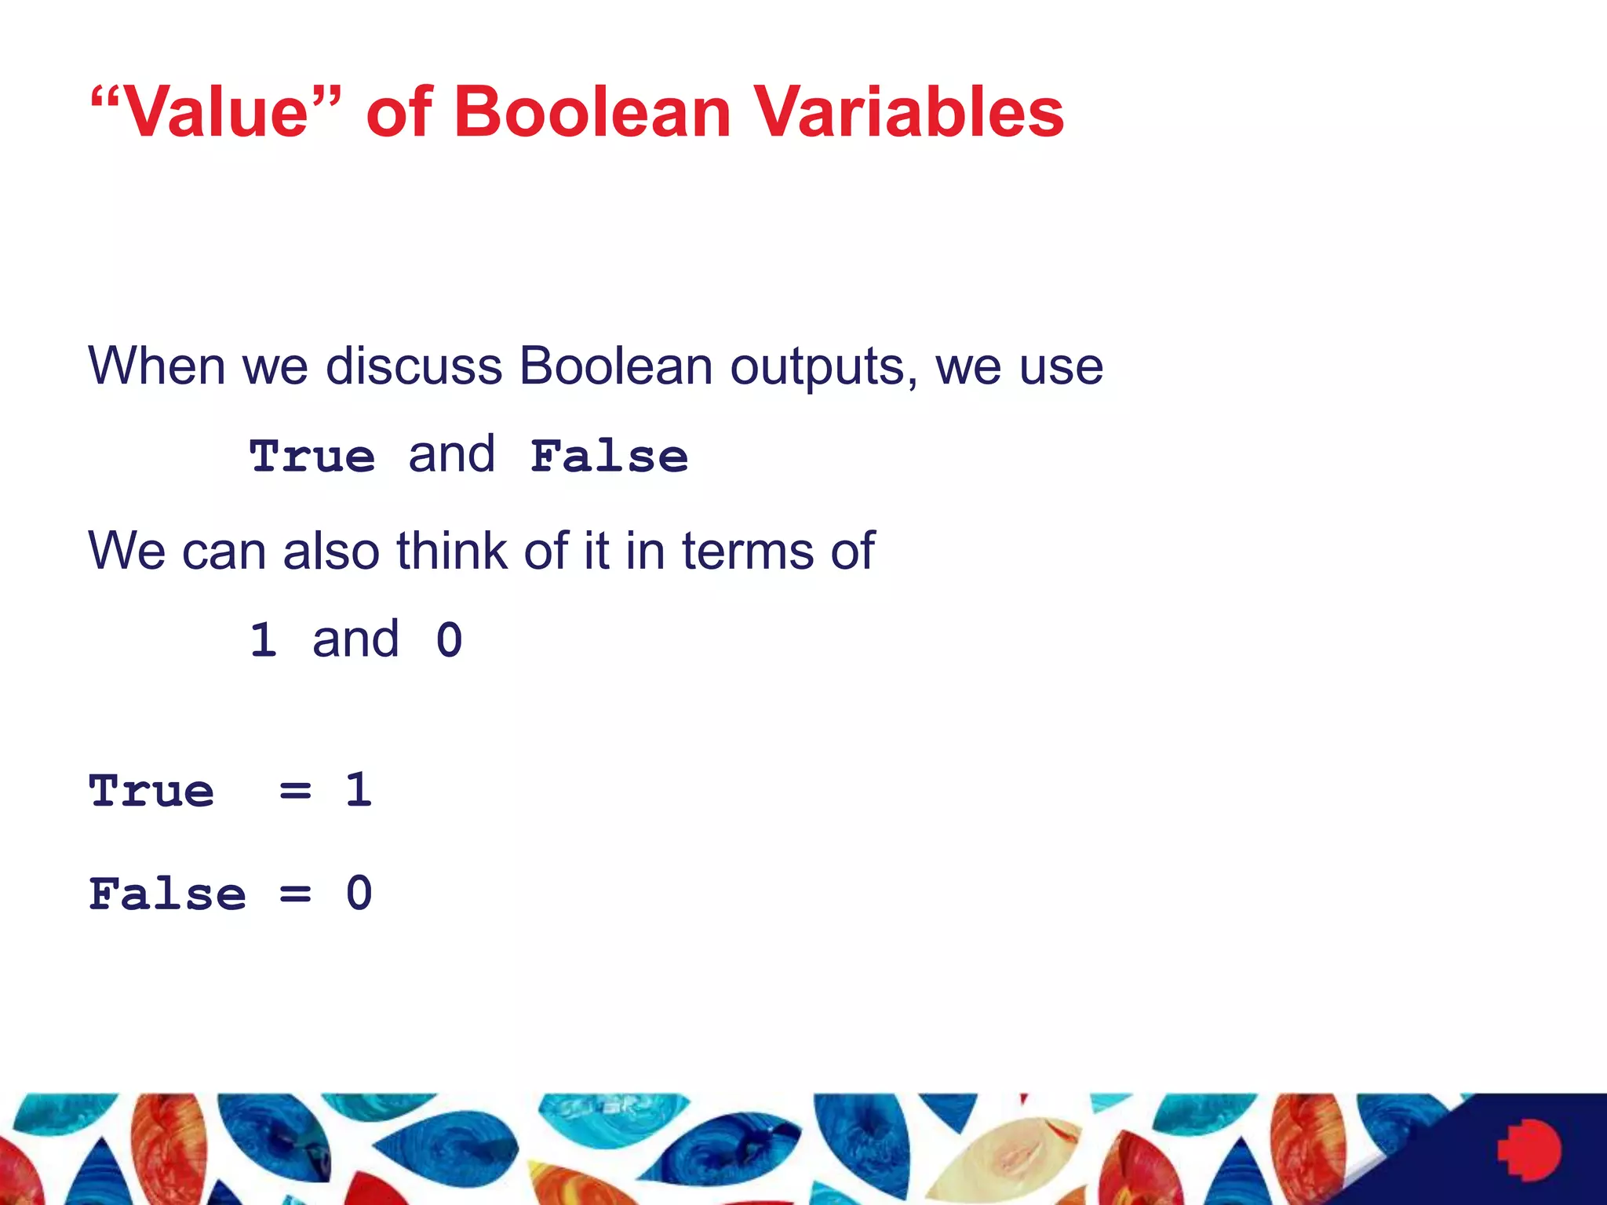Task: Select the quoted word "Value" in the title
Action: [217, 111]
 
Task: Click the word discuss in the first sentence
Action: [414, 366]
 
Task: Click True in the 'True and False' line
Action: [312, 456]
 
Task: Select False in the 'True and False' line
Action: [610, 456]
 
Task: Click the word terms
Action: [748, 550]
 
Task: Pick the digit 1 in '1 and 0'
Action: [264, 639]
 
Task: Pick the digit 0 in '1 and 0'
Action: [449, 639]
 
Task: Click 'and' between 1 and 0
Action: [355, 639]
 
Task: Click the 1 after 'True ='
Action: [359, 789]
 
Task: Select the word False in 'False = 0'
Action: [167, 894]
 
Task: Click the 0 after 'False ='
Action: [359, 894]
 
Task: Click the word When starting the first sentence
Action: [156, 366]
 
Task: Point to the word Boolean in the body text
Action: [615, 366]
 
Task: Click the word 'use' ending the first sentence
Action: [1061, 367]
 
